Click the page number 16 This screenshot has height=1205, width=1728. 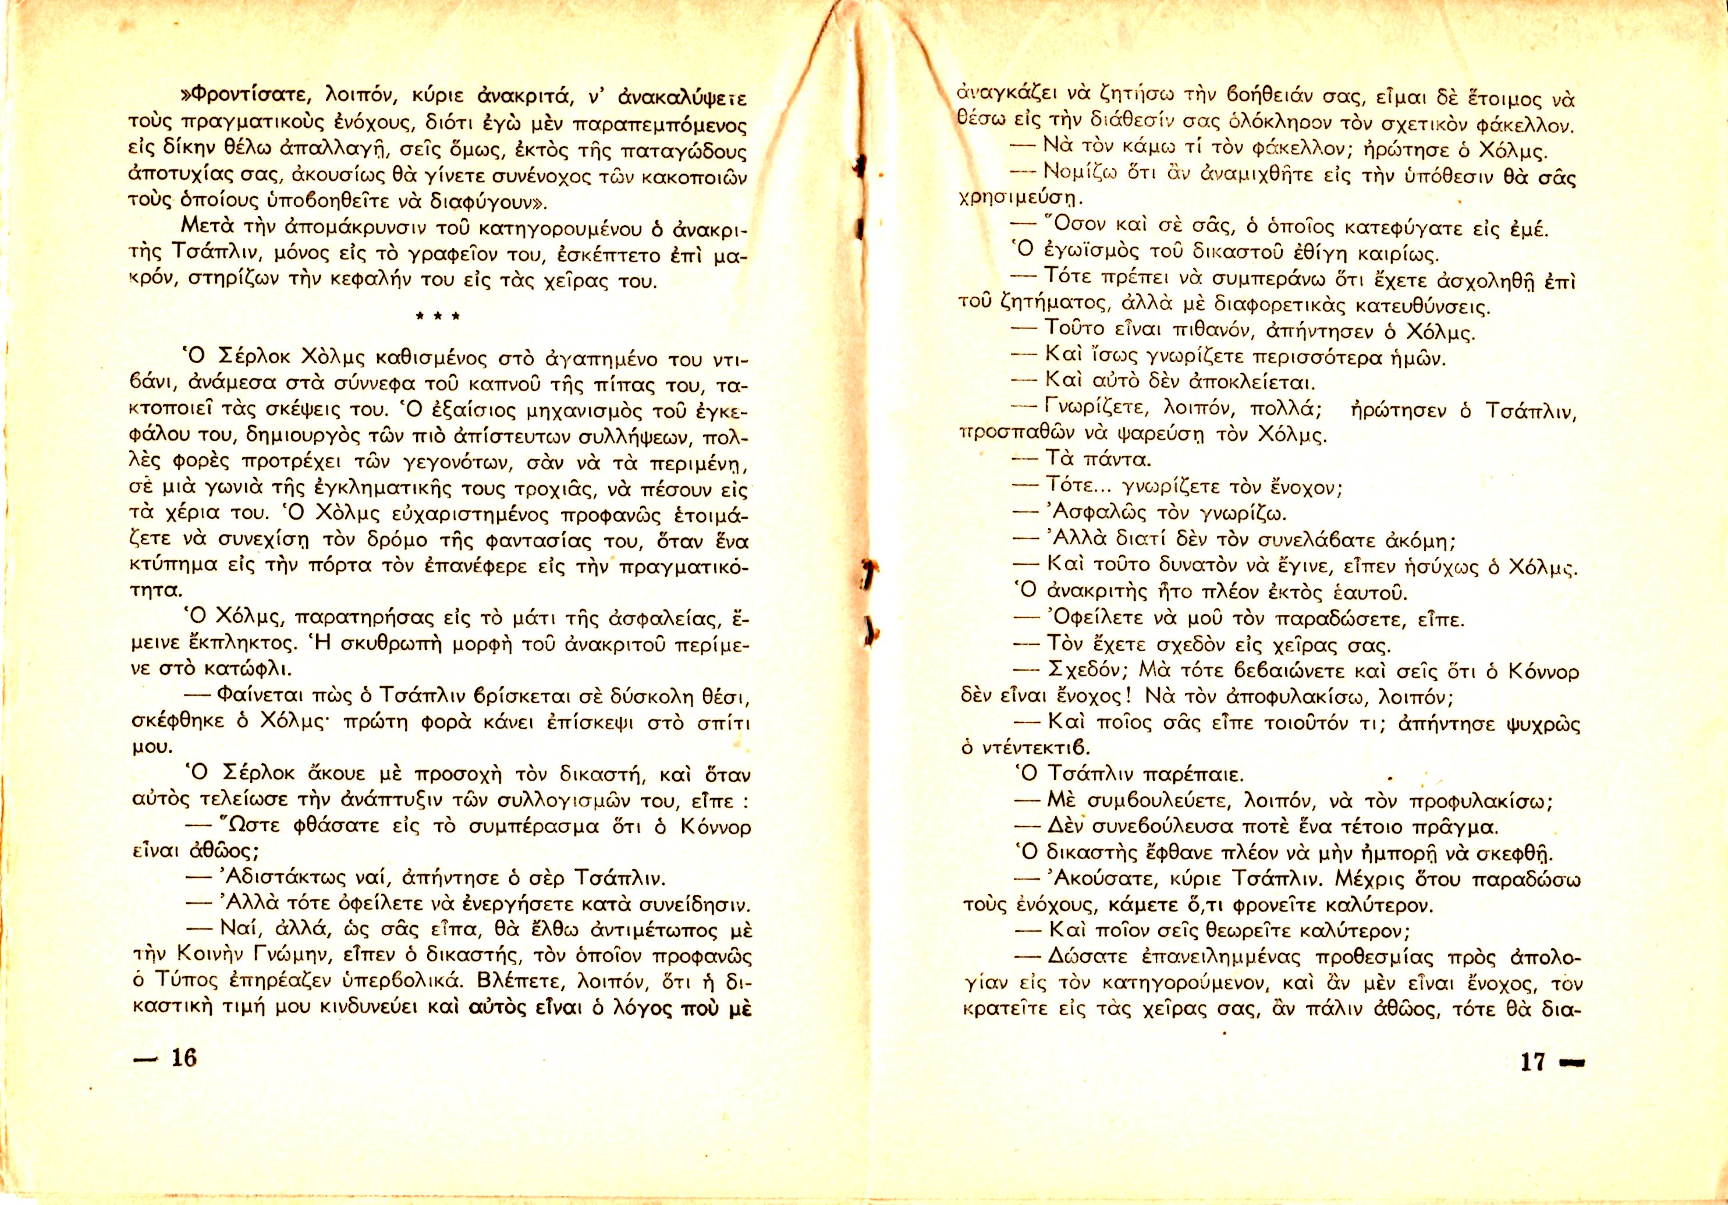pyautogui.click(x=183, y=1058)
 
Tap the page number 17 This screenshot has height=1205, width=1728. pyautogui.click(x=1532, y=1061)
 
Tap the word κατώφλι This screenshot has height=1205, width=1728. pyautogui.click(x=253, y=668)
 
